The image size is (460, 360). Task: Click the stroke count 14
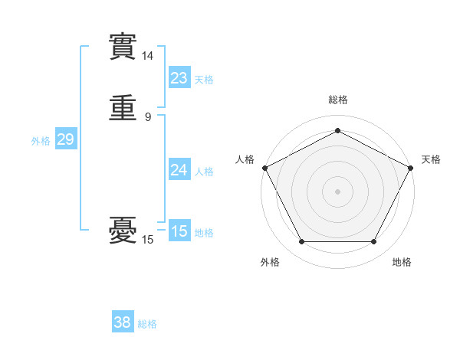pyautogui.click(x=148, y=56)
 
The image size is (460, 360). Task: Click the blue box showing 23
pyautogui.click(x=179, y=77)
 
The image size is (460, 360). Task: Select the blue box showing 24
pyautogui.click(x=179, y=170)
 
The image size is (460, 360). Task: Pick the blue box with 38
pyautogui.click(x=123, y=322)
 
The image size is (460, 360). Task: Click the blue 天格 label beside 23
pyautogui.click(x=204, y=80)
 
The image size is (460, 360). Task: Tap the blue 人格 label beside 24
pyautogui.click(x=204, y=172)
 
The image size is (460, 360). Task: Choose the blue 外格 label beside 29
pyautogui.click(x=41, y=141)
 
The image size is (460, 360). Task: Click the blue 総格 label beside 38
pyautogui.click(x=147, y=325)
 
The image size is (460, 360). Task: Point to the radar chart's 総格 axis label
pyautogui.click(x=337, y=100)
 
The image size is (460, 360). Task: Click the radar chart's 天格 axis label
pyautogui.click(x=431, y=159)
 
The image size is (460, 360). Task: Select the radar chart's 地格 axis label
pyautogui.click(x=402, y=262)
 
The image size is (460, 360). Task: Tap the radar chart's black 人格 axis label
pyautogui.click(x=245, y=159)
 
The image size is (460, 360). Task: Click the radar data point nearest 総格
pyautogui.click(x=337, y=130)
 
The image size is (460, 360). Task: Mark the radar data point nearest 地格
pyautogui.click(x=373, y=242)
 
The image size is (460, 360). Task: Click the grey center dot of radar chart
pyautogui.click(x=337, y=191)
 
